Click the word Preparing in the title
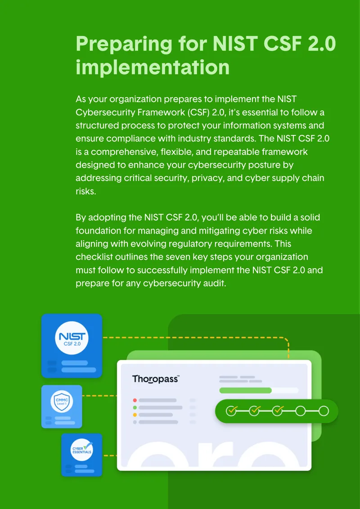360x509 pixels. click(x=124, y=45)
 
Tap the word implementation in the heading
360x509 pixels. click(x=153, y=68)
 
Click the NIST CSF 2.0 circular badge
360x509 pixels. click(x=72, y=338)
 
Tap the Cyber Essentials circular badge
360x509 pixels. click(x=82, y=450)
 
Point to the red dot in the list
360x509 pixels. click(x=135, y=400)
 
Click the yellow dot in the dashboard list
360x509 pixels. click(x=135, y=415)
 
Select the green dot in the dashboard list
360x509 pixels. click(x=135, y=407)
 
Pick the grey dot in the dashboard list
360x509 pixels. click(x=135, y=422)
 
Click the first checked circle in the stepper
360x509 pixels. click(x=231, y=411)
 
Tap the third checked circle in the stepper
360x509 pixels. click(x=278, y=411)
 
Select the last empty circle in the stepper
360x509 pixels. click(x=324, y=411)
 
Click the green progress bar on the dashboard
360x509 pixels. click(x=245, y=390)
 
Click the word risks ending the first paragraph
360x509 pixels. click(x=86, y=191)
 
